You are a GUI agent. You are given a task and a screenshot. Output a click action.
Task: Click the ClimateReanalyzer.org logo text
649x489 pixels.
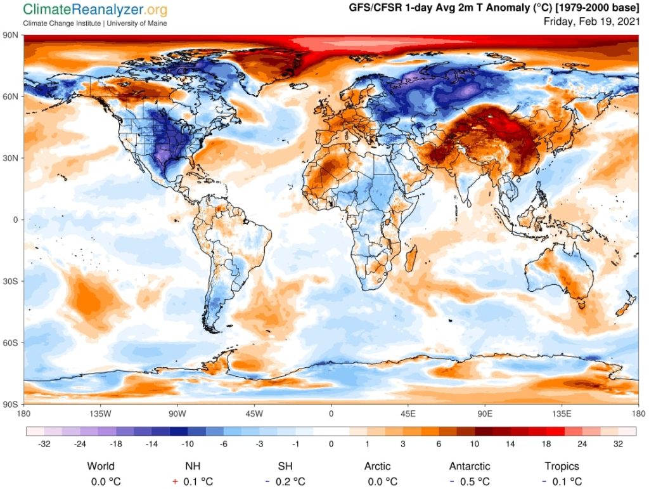[95, 10]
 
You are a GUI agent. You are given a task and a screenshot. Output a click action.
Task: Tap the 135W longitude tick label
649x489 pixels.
[100, 414]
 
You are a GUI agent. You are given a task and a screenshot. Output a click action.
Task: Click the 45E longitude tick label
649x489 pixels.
[408, 414]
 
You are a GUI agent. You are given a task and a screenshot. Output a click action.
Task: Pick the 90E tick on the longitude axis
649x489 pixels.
[485, 414]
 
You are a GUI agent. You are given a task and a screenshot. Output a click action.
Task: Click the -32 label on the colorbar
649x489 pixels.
[44, 444]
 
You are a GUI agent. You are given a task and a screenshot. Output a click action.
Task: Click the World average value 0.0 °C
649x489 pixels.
[101, 482]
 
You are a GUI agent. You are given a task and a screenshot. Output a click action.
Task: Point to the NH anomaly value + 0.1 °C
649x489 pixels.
[193, 482]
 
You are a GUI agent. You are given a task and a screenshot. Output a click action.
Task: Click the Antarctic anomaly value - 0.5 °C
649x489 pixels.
[470, 482]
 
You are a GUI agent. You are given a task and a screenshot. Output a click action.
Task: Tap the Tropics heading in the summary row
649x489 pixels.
[561, 466]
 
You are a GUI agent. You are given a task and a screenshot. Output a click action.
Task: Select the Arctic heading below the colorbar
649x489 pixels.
[377, 466]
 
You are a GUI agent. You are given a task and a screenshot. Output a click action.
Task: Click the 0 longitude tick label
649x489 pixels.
[331, 414]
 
